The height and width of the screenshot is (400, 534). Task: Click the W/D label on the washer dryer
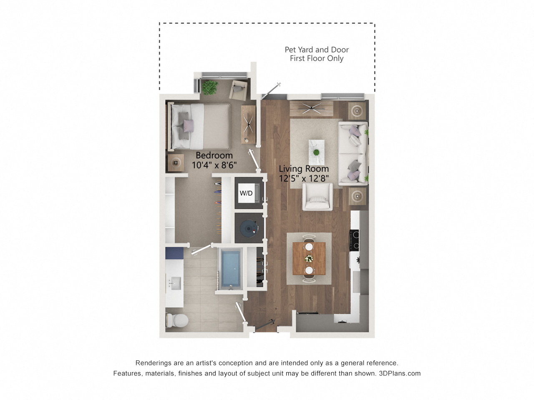tap(246, 193)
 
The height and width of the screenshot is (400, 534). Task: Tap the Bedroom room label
tap(214, 155)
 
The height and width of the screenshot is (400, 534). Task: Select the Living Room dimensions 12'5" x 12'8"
tap(304, 178)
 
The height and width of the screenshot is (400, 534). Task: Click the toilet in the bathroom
tap(177, 320)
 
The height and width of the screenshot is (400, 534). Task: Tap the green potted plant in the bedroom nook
tap(210, 87)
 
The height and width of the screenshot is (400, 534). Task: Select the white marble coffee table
tap(316, 152)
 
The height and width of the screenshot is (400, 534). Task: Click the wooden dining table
tap(309, 258)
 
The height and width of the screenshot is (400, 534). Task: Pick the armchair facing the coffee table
tap(317, 197)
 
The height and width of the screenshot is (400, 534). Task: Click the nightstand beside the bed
tap(176, 163)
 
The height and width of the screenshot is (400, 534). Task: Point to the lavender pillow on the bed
tap(188, 126)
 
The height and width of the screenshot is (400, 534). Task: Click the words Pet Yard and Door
tap(317, 50)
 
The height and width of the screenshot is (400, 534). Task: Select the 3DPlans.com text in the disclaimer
tap(400, 373)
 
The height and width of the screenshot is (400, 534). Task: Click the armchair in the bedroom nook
tap(238, 90)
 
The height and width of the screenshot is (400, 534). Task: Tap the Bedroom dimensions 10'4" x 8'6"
tap(214, 165)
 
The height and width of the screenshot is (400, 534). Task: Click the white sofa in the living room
tap(353, 153)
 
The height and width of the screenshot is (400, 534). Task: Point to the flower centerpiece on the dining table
tap(309, 258)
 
